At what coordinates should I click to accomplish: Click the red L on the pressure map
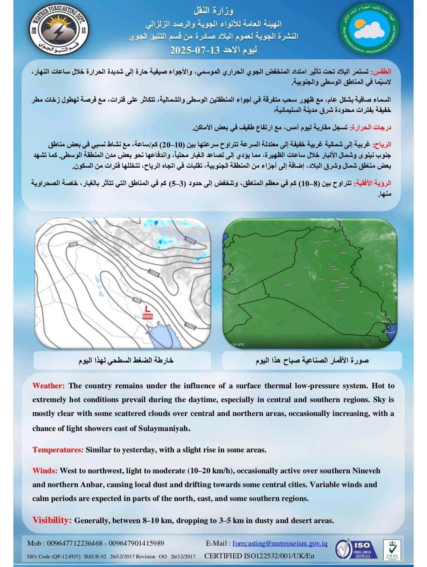coord(147,308)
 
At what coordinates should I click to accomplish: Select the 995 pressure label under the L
coord(147,316)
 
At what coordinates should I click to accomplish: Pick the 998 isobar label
coord(73,245)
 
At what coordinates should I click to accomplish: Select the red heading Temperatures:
coord(58,450)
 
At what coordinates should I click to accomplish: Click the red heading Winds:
coord(45,471)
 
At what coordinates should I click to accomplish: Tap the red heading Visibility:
coord(52,520)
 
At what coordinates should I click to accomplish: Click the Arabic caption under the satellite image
coord(312,361)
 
